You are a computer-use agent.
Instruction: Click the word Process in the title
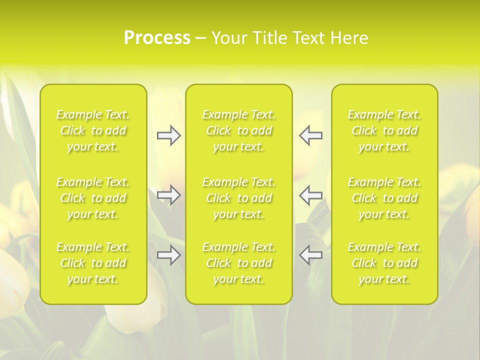pos(157,38)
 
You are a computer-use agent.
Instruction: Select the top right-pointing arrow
pos(168,135)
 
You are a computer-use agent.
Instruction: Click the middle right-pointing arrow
pos(168,195)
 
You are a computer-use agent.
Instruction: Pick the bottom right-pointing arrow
pos(168,255)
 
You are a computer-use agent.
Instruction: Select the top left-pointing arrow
pos(311,135)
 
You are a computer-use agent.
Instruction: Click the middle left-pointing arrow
pos(311,195)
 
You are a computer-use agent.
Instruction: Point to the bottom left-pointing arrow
pos(311,255)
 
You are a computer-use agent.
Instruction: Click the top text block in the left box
pos(93,130)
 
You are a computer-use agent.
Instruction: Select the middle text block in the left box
pos(93,198)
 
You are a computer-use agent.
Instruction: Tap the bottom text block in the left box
pos(93,263)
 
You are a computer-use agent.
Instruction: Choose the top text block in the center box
pos(239,130)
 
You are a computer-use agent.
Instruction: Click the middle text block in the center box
pos(239,198)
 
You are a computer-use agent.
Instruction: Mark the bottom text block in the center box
pos(239,263)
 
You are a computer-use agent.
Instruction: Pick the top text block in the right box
pos(384,130)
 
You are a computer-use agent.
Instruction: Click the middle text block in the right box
pos(384,198)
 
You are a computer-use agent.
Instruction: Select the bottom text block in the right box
pos(384,263)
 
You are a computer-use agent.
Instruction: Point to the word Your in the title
pos(228,38)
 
